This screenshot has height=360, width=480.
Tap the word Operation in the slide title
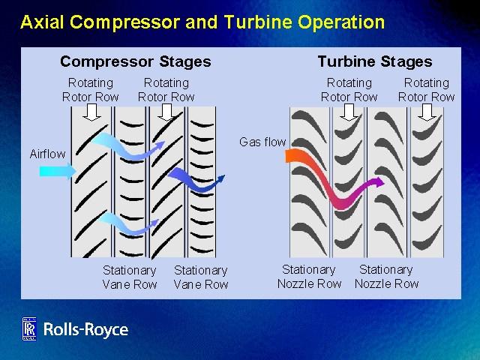337,22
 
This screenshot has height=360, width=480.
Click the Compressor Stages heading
135,61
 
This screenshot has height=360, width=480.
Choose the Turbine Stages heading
374,61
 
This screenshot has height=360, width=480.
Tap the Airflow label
47,154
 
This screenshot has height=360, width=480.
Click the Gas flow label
262,142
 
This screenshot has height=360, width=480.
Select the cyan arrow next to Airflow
57,172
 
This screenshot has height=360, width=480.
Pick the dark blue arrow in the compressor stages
196,181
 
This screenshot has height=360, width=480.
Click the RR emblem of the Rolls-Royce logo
29,329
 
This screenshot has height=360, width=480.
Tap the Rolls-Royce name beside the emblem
85,329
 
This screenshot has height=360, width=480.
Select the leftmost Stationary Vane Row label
129,277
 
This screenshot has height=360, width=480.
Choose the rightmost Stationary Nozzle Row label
386,276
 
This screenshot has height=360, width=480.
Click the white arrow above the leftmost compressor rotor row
92,112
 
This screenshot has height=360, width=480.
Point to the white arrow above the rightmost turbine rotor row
427,112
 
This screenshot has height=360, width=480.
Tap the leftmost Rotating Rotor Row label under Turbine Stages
349,89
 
